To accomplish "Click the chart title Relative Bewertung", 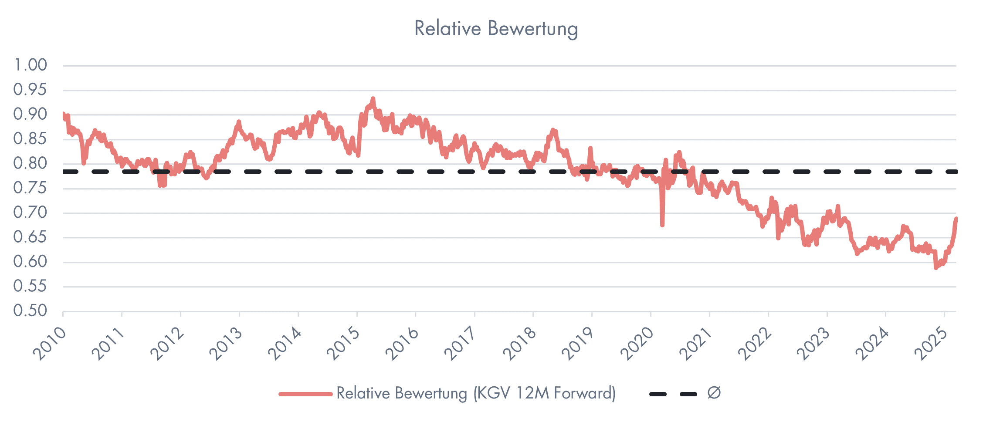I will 496,29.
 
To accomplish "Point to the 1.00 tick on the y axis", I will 31,65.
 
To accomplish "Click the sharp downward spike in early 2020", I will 662,225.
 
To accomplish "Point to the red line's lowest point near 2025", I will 935,268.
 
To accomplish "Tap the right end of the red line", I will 956,219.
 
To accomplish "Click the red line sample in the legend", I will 305,394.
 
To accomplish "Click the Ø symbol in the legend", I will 714,393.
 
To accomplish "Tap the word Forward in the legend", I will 584,393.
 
